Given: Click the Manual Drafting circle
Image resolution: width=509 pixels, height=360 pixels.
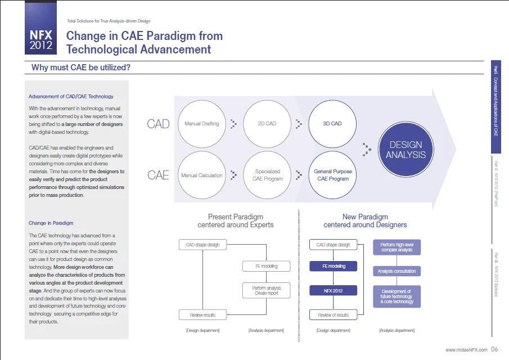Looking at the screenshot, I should tap(201, 124).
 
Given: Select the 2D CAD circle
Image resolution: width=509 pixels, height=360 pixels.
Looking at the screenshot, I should tap(267, 124).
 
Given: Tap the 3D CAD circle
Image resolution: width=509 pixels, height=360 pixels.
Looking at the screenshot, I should tap(332, 124).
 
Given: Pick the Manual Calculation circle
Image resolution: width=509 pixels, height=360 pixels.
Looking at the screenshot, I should tap(201, 175).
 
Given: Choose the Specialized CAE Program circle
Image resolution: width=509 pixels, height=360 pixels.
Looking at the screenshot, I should tap(267, 175).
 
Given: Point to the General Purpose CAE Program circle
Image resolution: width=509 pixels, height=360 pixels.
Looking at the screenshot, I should tap(332, 175).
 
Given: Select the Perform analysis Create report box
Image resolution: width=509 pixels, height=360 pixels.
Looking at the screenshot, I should tap(267, 290).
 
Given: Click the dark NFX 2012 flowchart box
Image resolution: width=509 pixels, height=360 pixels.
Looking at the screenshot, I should tap(333, 290).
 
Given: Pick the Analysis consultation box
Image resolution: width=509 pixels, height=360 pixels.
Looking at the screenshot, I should tap(397, 271).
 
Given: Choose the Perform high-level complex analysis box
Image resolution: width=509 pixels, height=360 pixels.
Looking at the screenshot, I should tap(397, 247).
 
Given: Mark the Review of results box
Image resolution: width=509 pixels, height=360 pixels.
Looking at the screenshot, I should tap(333, 315).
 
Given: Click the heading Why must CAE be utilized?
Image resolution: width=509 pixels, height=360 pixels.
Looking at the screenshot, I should tap(81, 68).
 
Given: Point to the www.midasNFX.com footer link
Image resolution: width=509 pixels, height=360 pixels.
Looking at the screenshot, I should tap(466, 350).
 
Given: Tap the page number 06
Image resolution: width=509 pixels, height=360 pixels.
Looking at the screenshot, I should tap(494, 349).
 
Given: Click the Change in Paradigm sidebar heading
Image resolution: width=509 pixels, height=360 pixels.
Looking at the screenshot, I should tap(51, 223).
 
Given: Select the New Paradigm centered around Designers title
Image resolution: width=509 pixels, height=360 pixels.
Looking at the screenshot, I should tap(365, 220).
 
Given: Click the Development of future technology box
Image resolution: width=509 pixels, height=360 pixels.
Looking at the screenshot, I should tap(397, 296).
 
